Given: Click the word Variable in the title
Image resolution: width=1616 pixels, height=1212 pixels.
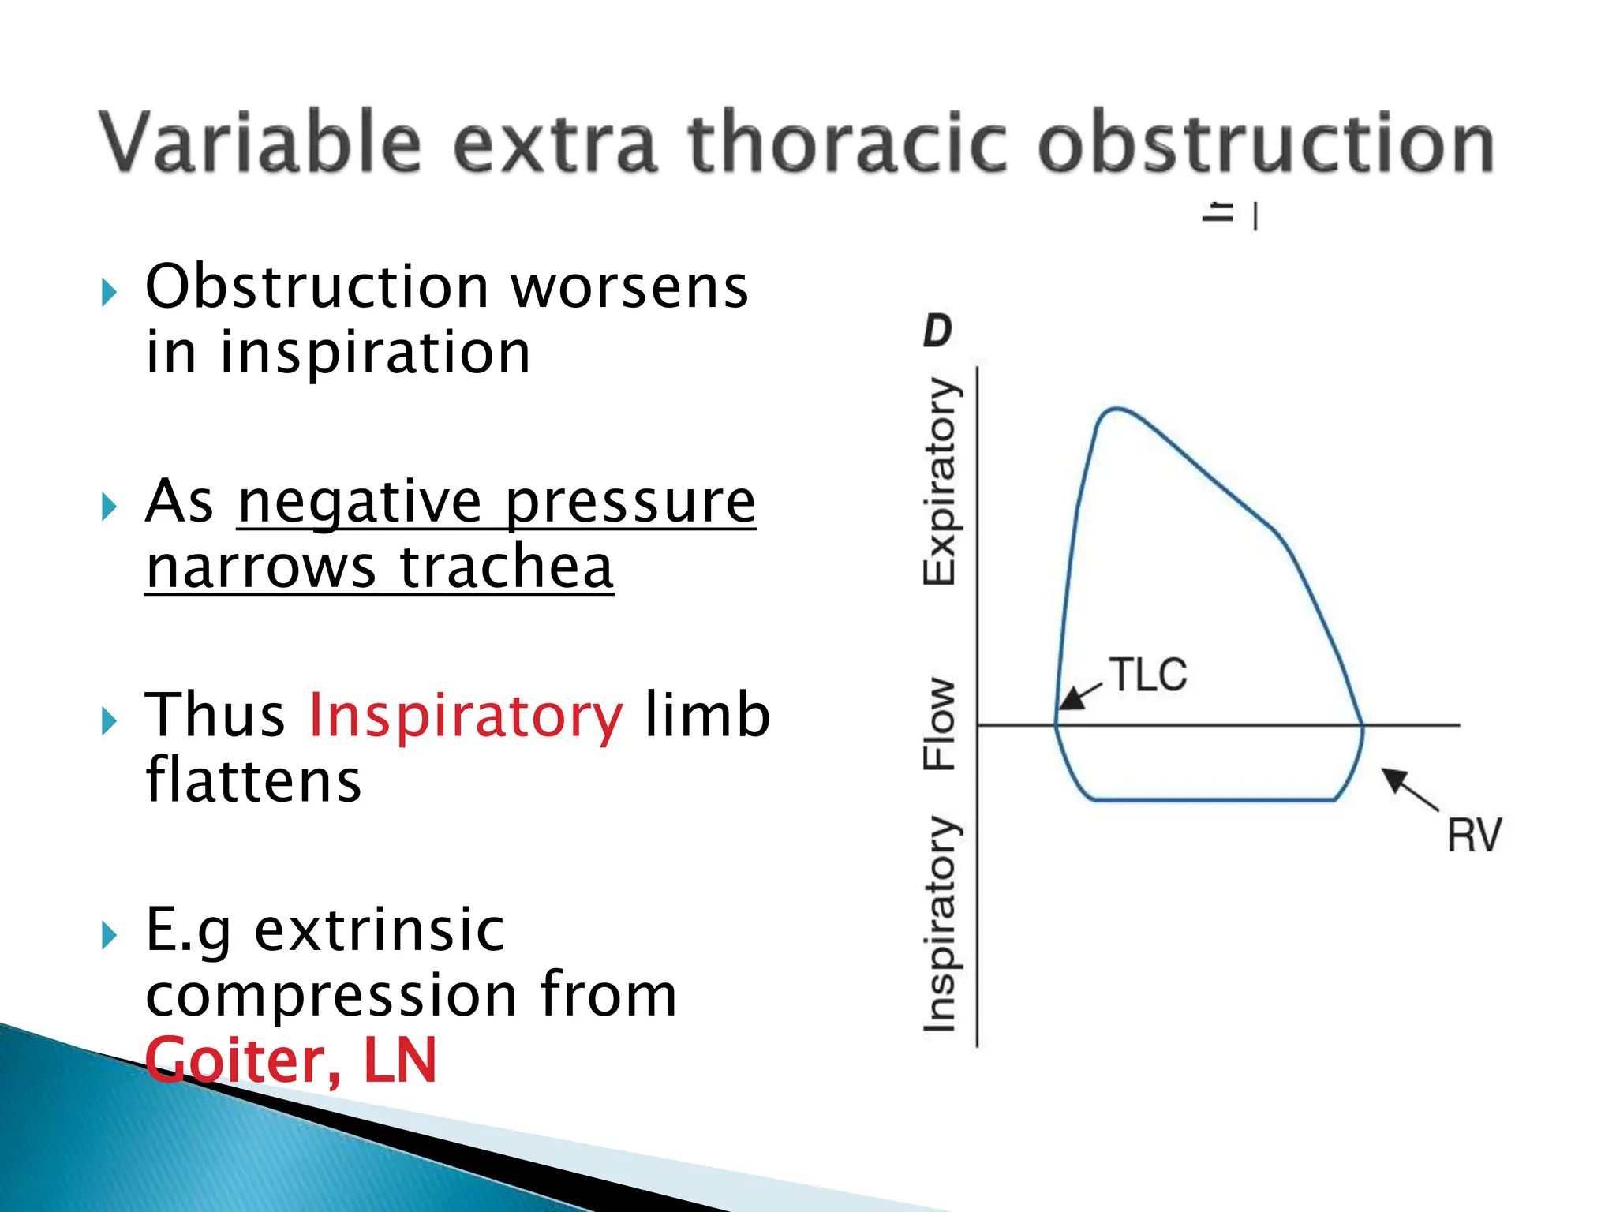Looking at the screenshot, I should [x=260, y=144].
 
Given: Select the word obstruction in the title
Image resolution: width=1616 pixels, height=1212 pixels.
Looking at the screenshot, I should [x=1266, y=144].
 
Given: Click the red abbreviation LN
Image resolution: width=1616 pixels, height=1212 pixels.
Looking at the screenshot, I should [x=399, y=1060].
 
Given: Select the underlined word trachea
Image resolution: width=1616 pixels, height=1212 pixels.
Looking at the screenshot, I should [x=507, y=568].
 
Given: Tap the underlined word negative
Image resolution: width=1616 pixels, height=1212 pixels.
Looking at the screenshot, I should [x=360, y=503].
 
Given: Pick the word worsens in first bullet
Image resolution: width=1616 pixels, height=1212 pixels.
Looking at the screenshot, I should [x=630, y=287].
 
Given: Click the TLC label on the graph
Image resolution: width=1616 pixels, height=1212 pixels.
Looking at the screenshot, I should [x=1147, y=675].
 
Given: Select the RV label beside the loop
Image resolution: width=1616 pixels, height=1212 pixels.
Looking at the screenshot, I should [x=1474, y=836].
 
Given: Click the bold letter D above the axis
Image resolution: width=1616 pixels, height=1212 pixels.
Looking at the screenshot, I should [x=937, y=331].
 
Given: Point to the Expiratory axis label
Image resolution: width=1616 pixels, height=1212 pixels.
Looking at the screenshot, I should [x=940, y=481].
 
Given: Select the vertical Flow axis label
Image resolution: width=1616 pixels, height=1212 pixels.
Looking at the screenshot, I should [x=940, y=724].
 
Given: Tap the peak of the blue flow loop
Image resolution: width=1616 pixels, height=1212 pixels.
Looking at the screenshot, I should [x=1116, y=410].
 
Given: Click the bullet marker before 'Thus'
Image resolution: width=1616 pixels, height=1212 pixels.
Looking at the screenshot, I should [x=109, y=720].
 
